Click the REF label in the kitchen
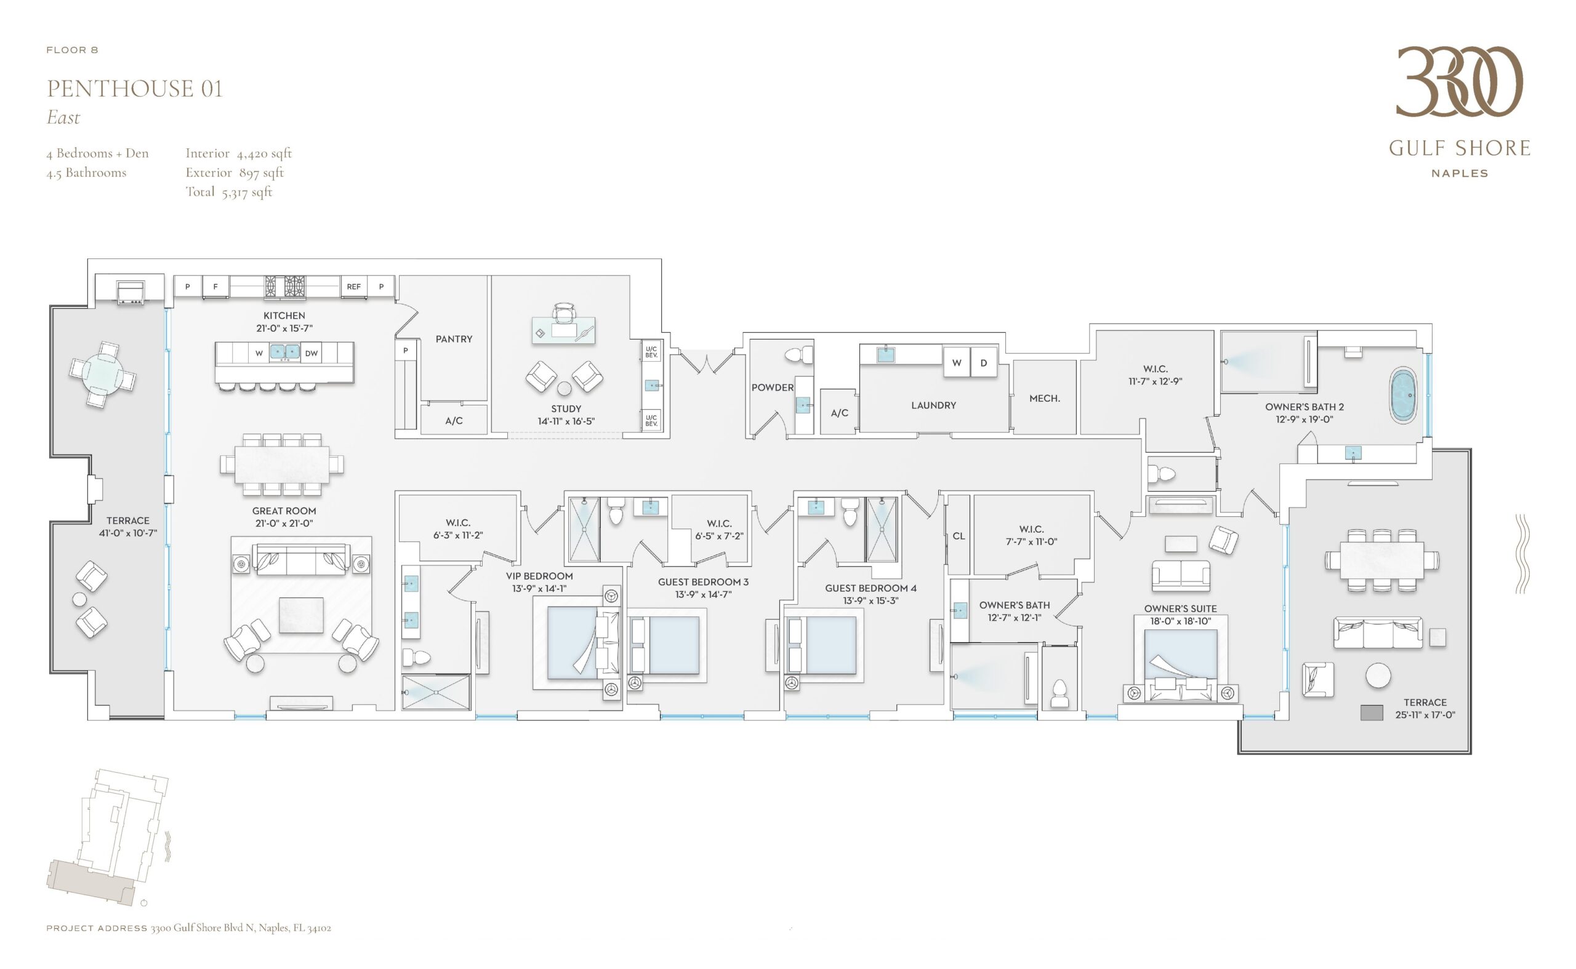click(x=353, y=287)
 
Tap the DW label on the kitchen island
click(x=312, y=353)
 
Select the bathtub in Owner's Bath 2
click(x=1403, y=396)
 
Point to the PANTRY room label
click(x=454, y=339)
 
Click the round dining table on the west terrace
click(x=103, y=375)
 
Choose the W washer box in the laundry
click(x=956, y=363)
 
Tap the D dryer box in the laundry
click(x=984, y=363)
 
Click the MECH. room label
click(x=1045, y=399)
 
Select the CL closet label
click(x=959, y=536)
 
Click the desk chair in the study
click(x=563, y=313)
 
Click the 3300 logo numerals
click(x=1459, y=81)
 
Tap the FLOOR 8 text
click(x=73, y=50)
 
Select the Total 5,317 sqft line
click(x=229, y=191)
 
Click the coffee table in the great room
click(x=300, y=615)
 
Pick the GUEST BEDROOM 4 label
click(x=870, y=588)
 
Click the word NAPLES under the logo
click(x=1459, y=173)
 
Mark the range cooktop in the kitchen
click(x=285, y=286)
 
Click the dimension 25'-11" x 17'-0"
click(x=1425, y=714)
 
